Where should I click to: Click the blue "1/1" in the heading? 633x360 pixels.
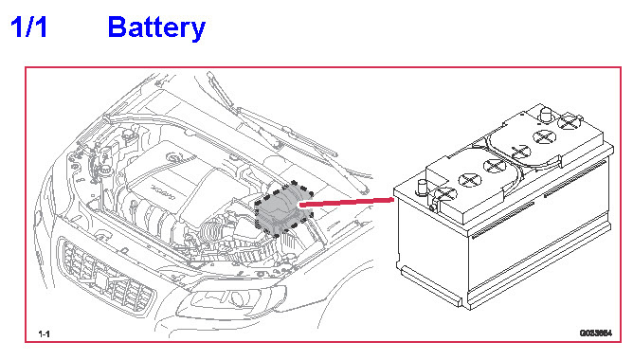[28, 27]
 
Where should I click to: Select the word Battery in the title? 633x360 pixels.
[156, 27]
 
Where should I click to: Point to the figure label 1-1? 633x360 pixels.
[44, 333]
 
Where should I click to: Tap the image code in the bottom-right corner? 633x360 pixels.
[596, 333]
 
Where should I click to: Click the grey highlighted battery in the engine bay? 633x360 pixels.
[282, 208]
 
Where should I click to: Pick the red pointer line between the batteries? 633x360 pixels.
[347, 202]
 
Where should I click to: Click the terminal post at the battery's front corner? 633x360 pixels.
[423, 187]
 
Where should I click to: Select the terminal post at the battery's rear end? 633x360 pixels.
[546, 115]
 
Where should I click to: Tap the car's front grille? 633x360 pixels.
[107, 276]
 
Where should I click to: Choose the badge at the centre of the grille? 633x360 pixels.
[100, 279]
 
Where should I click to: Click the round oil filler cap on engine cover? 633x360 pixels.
[175, 156]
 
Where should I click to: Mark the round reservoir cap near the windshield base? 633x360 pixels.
[128, 134]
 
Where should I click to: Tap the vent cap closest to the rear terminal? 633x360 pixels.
[569, 121]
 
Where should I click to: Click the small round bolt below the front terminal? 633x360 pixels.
[432, 208]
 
